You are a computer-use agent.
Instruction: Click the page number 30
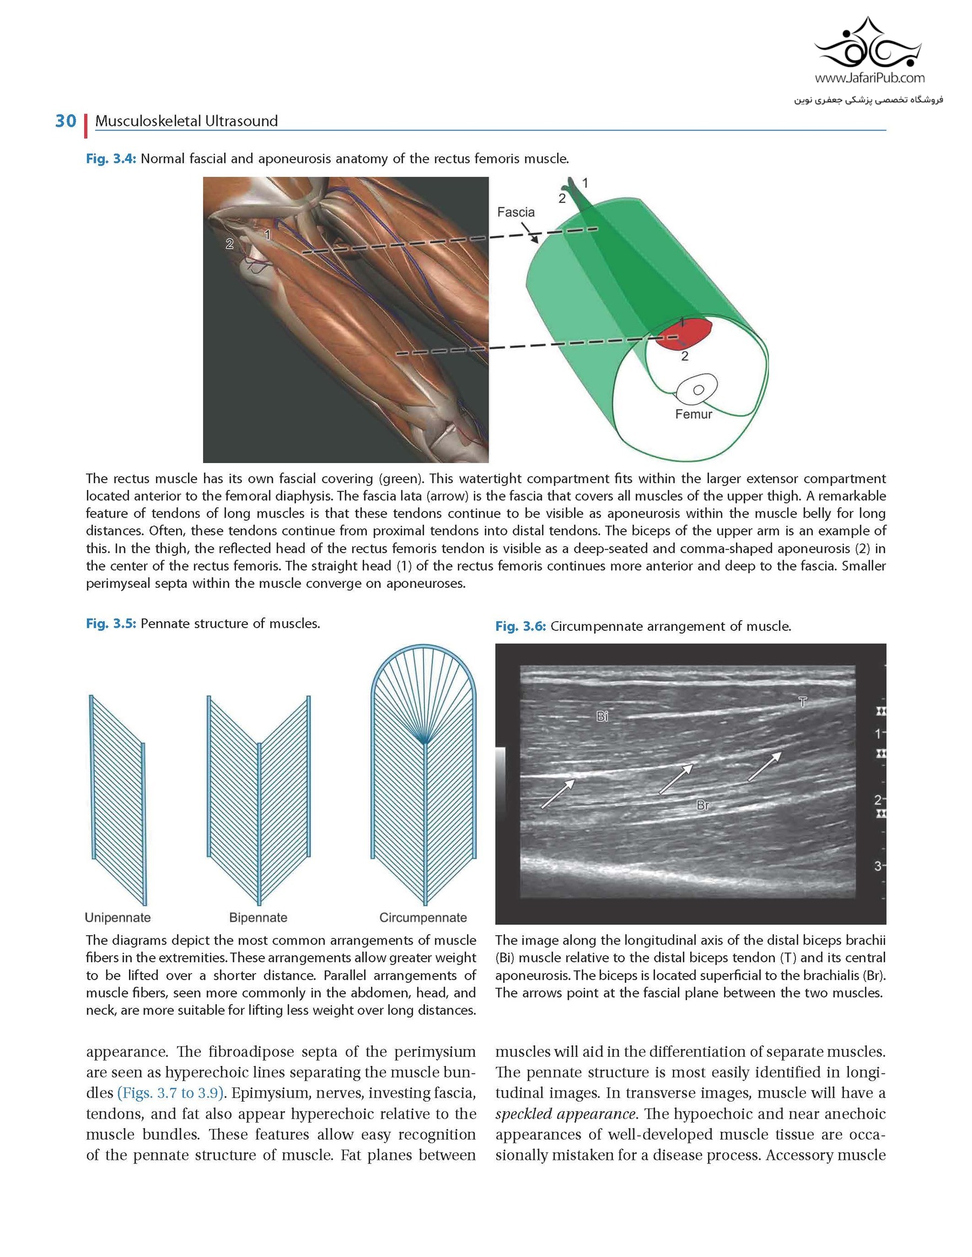click(x=66, y=121)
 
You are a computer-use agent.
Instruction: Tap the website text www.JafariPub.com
click(x=869, y=78)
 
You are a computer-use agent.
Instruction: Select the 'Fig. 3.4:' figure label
click(x=111, y=159)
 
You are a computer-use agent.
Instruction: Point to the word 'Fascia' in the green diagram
click(x=515, y=212)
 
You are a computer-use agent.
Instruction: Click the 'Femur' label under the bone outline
click(x=693, y=414)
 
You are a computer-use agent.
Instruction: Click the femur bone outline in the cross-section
click(x=697, y=390)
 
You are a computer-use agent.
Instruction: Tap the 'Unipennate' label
click(x=118, y=918)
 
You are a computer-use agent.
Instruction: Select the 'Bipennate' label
click(x=258, y=918)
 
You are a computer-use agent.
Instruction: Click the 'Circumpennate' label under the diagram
click(x=423, y=918)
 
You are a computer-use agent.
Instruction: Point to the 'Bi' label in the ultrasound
click(x=602, y=716)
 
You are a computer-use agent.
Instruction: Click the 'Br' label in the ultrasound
click(x=703, y=805)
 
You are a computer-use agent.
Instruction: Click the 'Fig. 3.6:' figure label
click(x=520, y=627)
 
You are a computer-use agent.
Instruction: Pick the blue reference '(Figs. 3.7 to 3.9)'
click(x=170, y=1092)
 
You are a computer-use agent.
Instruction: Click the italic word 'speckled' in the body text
click(x=522, y=1113)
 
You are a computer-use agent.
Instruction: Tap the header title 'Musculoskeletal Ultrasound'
click(x=186, y=121)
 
